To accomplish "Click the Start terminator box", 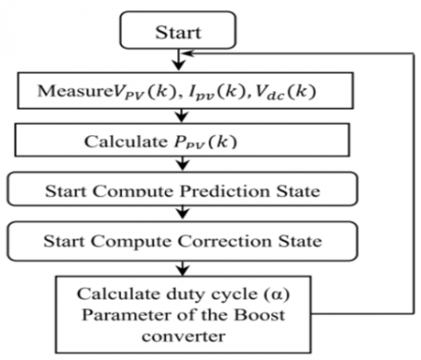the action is point(178,30).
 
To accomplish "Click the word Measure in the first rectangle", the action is point(75,91).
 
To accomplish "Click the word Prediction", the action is point(225,191).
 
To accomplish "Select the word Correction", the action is point(225,241).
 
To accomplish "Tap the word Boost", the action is point(260,315).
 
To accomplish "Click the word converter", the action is point(183,336).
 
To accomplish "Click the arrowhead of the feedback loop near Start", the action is point(187,54).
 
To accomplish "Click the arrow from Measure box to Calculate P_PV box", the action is point(182,116).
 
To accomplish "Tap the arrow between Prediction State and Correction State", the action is point(182,212).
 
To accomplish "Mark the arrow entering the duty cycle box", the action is point(182,268).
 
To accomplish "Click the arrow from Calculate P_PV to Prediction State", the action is point(182,163).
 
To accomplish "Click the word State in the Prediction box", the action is point(298,191).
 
